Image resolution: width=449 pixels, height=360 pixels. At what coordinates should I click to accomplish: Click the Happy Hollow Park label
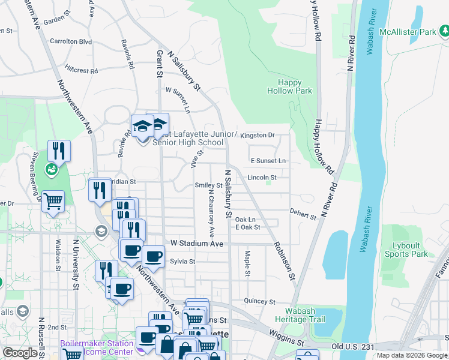(x=289, y=86)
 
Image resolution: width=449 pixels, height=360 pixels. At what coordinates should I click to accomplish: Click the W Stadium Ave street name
(x=196, y=244)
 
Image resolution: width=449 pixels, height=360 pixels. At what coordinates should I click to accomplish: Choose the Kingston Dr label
(x=257, y=136)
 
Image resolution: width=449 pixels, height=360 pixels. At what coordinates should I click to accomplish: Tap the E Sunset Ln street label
(x=268, y=161)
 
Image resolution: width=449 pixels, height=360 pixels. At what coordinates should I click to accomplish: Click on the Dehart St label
(x=303, y=215)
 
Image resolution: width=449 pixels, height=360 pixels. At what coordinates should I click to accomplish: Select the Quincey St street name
(x=259, y=302)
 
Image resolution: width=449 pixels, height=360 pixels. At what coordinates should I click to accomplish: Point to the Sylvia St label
(x=182, y=262)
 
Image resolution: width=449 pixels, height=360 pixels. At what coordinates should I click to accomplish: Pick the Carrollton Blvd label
(x=71, y=41)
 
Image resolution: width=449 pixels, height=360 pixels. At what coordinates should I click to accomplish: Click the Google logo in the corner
(x=20, y=353)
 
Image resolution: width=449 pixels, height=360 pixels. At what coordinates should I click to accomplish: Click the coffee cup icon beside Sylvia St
(x=152, y=256)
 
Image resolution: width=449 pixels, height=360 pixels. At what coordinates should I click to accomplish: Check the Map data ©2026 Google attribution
(x=411, y=355)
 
